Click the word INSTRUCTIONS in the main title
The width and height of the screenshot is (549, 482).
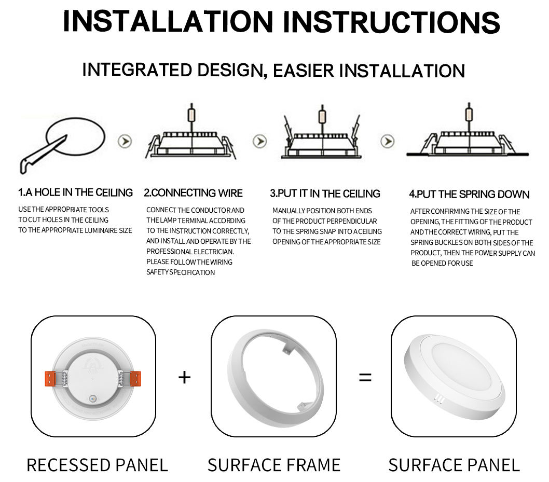tap(391, 22)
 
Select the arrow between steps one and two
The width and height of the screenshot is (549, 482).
tap(125, 141)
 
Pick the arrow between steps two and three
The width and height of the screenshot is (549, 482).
tap(259, 141)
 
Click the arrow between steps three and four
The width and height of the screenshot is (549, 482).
tap(387, 141)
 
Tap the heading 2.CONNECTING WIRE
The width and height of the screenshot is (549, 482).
tap(193, 193)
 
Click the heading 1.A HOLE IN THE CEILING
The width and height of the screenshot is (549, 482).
tap(76, 192)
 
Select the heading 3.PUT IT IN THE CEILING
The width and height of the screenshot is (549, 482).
tap(325, 194)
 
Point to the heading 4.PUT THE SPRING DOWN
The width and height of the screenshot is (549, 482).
tap(469, 195)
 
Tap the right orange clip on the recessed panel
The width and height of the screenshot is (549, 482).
tap(134, 378)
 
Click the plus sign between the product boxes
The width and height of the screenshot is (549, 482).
tap(184, 377)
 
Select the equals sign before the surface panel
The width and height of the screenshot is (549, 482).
tap(365, 378)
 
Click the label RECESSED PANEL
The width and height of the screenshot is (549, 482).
tap(97, 465)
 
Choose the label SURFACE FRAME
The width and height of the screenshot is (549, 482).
tap(274, 465)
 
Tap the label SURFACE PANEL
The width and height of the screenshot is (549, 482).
tap(454, 465)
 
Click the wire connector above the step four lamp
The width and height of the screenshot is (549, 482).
tap(469, 112)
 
